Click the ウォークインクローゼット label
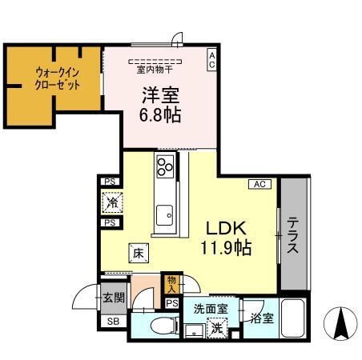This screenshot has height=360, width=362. pyautogui.click(x=57, y=78)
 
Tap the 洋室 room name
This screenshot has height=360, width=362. pyautogui.click(x=161, y=94)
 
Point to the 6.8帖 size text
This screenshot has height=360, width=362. pyautogui.click(x=160, y=114)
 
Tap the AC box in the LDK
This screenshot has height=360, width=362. pyautogui.click(x=260, y=184)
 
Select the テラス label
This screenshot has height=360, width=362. pyautogui.click(x=294, y=235)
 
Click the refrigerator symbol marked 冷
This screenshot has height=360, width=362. pyautogui.click(x=111, y=203)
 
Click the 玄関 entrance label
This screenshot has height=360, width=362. pyautogui.click(x=112, y=298)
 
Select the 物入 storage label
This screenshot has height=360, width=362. pyautogui.click(x=171, y=282)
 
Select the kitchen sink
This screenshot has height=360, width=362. pyautogui.click(x=166, y=214)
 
